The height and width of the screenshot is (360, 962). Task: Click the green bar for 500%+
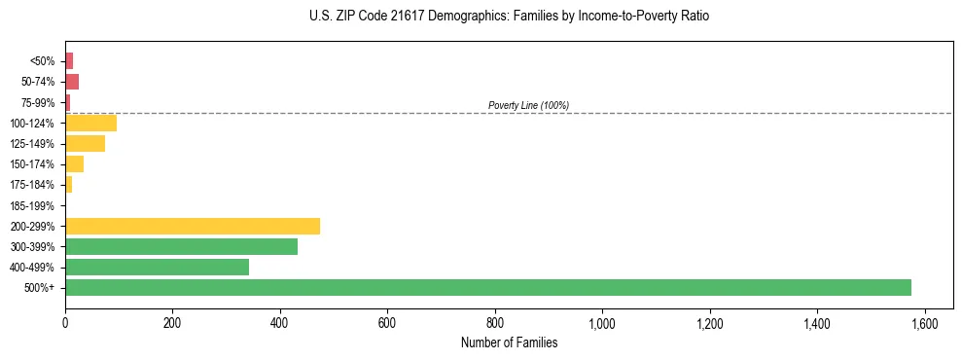click(x=487, y=287)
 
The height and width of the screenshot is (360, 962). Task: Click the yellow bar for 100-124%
click(x=90, y=123)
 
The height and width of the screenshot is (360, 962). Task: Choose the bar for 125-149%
click(x=85, y=143)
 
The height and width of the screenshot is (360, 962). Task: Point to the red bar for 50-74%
click(x=72, y=81)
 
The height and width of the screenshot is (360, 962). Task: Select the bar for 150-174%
click(x=74, y=163)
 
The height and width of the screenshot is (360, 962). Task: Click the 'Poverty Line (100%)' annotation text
click(x=528, y=105)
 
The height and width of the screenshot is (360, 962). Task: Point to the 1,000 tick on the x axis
click(x=602, y=323)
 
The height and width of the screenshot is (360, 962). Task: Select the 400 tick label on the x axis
click(x=280, y=323)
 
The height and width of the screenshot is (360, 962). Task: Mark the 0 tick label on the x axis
click(x=65, y=323)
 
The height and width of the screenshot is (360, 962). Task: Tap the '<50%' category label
click(x=44, y=61)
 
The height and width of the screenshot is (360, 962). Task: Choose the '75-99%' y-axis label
click(x=38, y=102)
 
